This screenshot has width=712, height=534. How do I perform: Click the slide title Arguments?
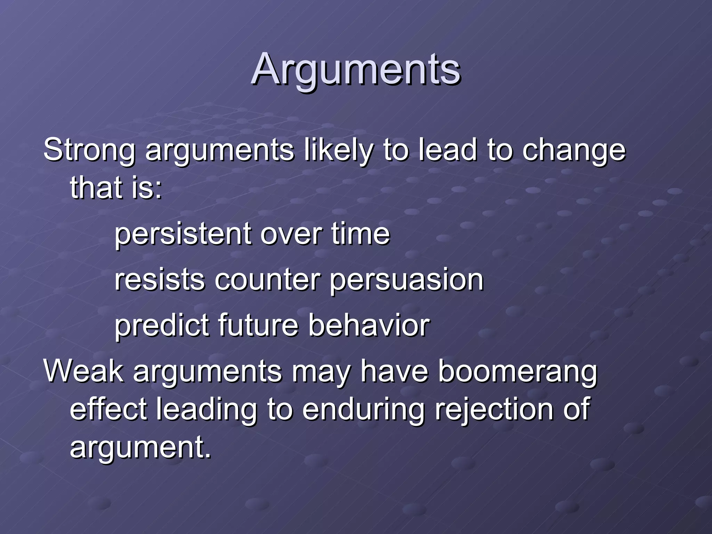point(356,70)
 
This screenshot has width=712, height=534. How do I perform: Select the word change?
point(574,150)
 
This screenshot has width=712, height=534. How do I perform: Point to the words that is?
point(116,188)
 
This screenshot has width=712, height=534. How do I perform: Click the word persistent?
point(183,234)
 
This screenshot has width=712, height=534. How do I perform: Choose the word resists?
point(160,280)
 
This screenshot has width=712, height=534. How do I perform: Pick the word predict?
point(162,326)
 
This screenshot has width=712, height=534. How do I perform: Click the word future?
point(258,326)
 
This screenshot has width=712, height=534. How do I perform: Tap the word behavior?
point(369,326)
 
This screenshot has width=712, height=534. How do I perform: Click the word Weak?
point(83,371)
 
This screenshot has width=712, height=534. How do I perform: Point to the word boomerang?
point(517,371)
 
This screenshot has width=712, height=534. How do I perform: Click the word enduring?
point(364,409)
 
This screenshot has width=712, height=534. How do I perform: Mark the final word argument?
point(140,447)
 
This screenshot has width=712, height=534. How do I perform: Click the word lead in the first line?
point(447,150)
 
